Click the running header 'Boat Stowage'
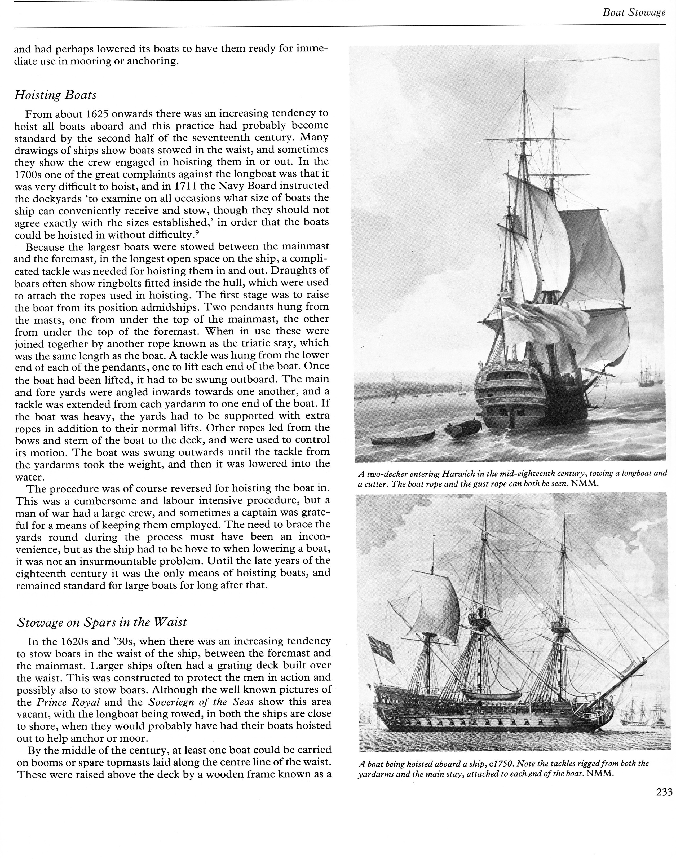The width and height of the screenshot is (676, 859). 634,13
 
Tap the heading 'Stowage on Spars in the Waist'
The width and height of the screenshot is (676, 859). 102,622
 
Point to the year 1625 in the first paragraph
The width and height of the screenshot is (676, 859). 96,114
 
